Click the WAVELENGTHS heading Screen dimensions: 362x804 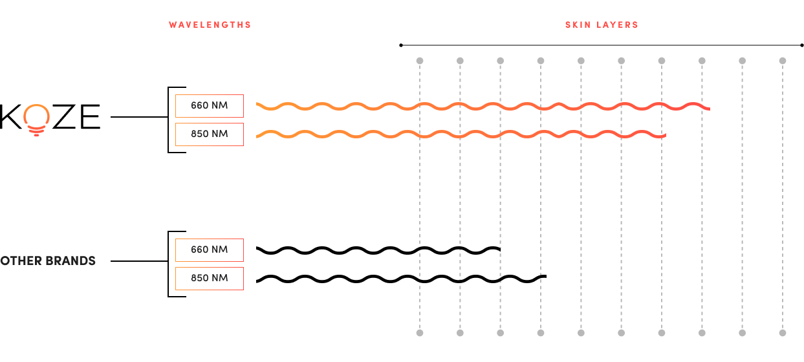coord(210,25)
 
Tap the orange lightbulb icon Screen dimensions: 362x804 coord(36,120)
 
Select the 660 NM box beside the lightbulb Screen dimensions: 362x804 coord(210,105)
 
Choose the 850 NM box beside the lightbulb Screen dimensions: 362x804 coord(210,134)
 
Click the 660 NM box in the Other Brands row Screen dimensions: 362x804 coord(210,250)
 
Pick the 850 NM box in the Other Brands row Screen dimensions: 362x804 coord(210,278)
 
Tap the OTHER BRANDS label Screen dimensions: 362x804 coord(48,261)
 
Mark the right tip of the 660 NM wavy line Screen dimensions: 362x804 coord(709,108)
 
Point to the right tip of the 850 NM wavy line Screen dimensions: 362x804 coord(665,136)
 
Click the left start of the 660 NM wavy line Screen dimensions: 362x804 coord(257,104)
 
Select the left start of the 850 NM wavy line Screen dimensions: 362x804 coord(257,136)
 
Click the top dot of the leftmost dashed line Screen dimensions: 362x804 coord(420,61)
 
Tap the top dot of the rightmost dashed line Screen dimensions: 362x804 coord(782,61)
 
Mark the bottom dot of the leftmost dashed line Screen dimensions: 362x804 coord(420,333)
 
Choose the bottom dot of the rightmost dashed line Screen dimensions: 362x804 coord(782,333)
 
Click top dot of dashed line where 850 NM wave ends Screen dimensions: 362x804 coord(662,61)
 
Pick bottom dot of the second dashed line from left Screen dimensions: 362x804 coord(460,333)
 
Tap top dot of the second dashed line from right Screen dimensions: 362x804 coord(742,61)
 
